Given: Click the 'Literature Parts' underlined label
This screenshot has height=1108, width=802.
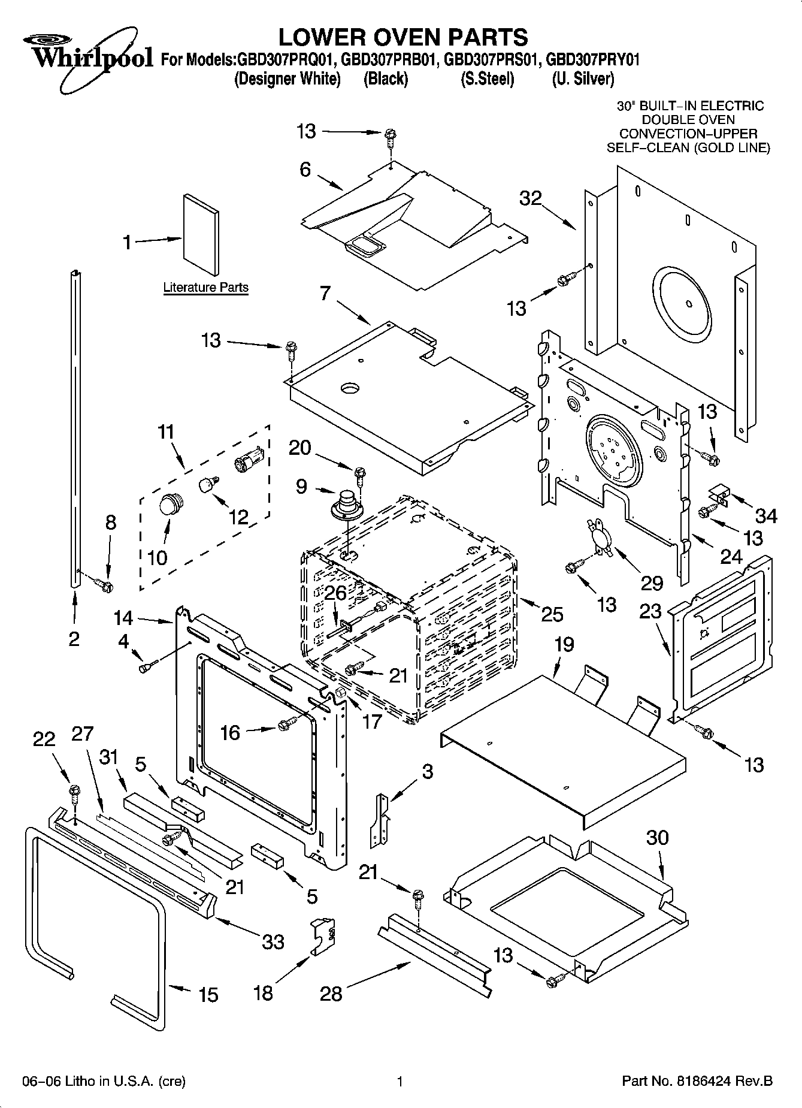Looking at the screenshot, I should (205, 288).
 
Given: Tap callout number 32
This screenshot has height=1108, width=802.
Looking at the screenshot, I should (530, 198).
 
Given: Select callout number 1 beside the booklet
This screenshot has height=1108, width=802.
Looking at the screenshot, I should (127, 242).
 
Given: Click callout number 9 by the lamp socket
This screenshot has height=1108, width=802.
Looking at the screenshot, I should (301, 486).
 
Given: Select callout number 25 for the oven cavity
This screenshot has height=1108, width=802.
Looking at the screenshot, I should (552, 614).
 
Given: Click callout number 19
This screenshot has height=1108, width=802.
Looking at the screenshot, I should (564, 645).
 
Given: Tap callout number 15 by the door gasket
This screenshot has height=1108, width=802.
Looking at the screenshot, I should (208, 995).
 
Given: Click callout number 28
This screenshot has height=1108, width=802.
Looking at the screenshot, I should (331, 994).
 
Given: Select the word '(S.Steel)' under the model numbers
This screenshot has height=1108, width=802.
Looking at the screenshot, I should (487, 79).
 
